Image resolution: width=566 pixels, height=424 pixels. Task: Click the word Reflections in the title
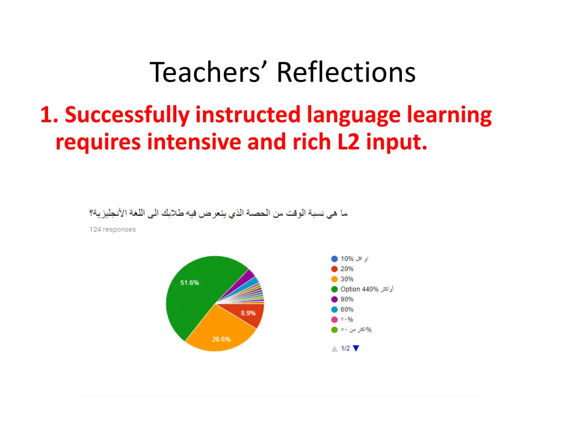click(x=345, y=72)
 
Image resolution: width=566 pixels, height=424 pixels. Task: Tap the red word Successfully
click(x=127, y=115)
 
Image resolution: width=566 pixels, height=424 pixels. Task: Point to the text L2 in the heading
click(x=348, y=142)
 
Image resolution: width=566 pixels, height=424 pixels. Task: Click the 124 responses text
click(x=112, y=230)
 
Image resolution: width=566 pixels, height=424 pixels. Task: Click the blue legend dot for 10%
click(x=334, y=259)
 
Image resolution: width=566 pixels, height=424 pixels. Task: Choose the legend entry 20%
click(x=347, y=269)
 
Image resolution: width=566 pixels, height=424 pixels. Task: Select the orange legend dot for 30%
click(x=334, y=279)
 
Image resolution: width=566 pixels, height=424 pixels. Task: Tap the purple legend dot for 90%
click(x=334, y=300)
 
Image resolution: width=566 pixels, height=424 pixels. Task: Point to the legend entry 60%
click(x=347, y=310)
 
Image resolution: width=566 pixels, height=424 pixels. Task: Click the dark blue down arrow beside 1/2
click(x=356, y=348)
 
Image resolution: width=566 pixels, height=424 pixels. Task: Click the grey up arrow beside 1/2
click(x=334, y=348)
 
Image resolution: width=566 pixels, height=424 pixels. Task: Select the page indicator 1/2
click(x=345, y=348)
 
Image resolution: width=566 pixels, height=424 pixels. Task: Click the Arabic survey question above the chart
click(x=218, y=213)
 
